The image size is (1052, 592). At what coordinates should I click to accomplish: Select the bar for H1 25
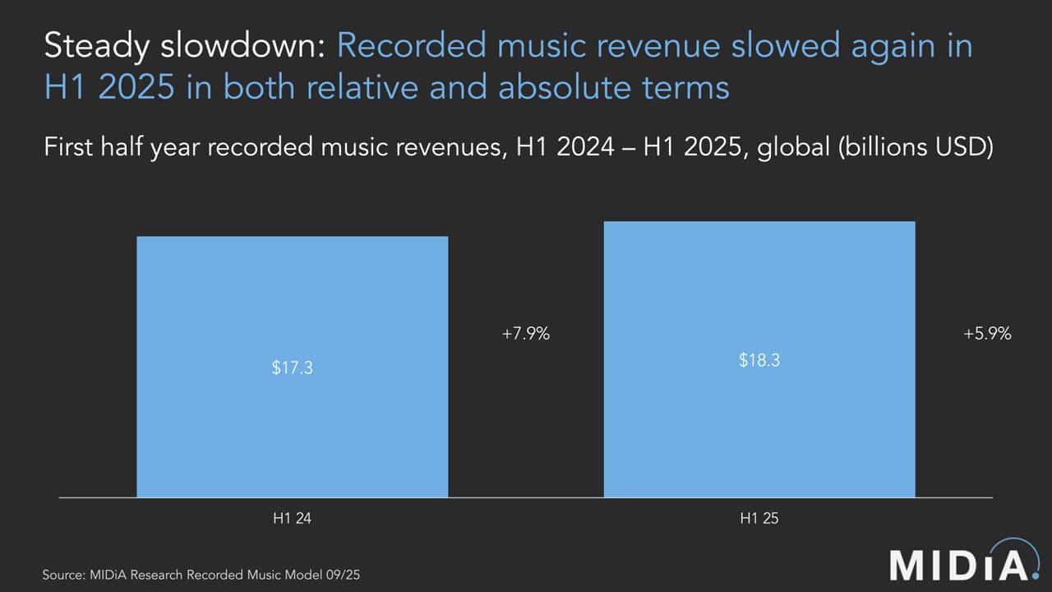coord(759,428)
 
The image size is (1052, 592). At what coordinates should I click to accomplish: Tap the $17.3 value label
coord(292,368)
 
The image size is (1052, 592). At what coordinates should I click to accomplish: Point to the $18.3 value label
coord(759,360)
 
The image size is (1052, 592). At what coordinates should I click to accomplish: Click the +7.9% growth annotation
coord(525,334)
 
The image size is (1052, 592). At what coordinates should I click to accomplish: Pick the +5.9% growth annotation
coord(987,334)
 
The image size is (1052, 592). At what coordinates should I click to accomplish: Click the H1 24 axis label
coord(292,520)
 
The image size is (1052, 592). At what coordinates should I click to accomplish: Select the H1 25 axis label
coord(759,520)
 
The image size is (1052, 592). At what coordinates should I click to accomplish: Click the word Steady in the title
coord(93,47)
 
